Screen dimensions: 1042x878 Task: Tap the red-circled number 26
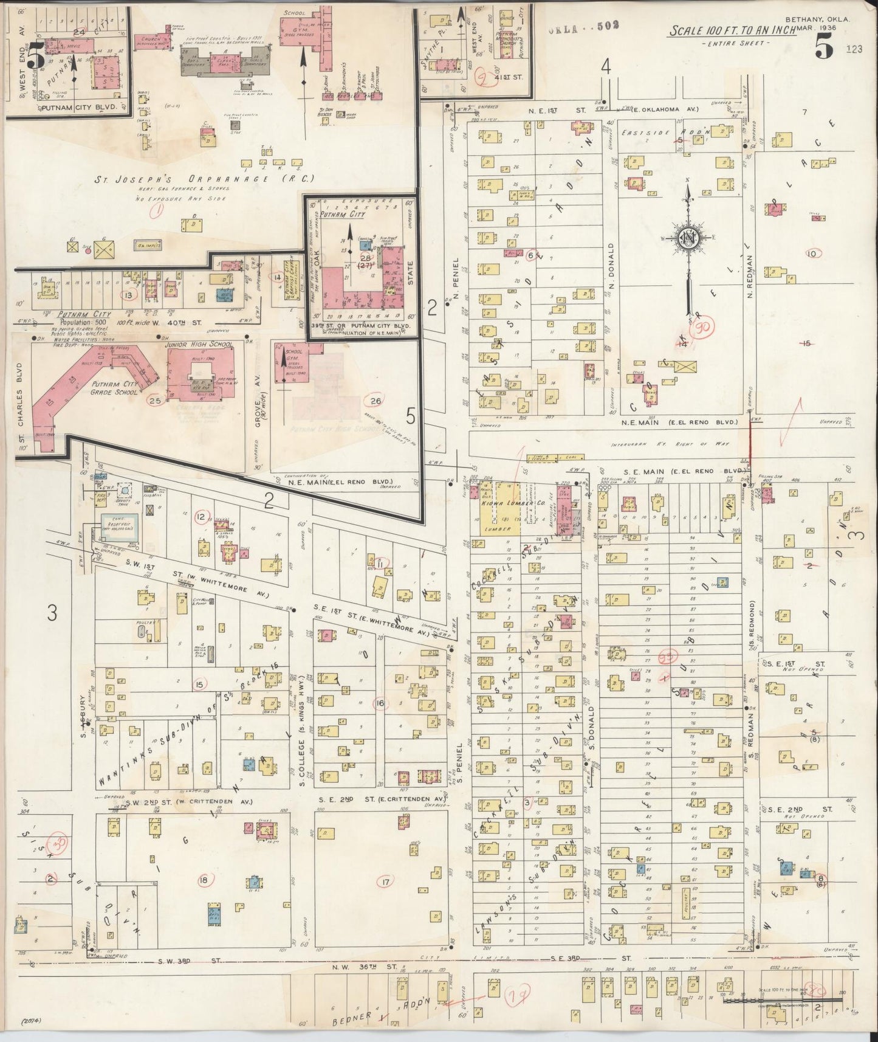376,400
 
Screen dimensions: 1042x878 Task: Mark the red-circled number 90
706,328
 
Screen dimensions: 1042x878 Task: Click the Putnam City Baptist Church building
297,278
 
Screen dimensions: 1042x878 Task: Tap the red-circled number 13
128,295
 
